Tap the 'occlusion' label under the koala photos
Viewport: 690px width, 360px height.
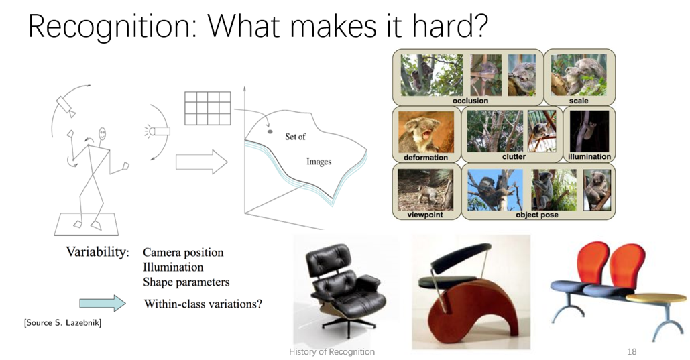tap(470, 101)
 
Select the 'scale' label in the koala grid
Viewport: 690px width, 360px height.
tap(579, 101)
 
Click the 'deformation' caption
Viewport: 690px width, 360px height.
tap(426, 157)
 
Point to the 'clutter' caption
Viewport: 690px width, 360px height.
tap(514, 156)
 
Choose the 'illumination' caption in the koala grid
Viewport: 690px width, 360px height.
tap(589, 156)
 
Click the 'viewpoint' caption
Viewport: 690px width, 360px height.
tap(424, 215)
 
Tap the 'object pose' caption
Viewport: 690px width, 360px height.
tap(537, 215)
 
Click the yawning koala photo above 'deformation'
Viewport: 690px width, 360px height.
tap(426, 131)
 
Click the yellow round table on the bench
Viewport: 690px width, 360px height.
tap(656, 298)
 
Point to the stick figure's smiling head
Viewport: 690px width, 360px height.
tap(103, 134)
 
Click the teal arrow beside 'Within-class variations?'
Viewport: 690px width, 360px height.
tap(103, 303)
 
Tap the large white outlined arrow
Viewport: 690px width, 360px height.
tap(202, 162)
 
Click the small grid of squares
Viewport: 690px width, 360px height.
tap(208, 108)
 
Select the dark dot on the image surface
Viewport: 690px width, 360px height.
tap(270, 131)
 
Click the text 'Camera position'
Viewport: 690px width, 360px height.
tap(183, 253)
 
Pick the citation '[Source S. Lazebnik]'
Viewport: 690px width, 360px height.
tap(62, 323)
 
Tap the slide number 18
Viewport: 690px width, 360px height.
tap(632, 352)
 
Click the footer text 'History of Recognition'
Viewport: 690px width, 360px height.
tap(332, 352)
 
